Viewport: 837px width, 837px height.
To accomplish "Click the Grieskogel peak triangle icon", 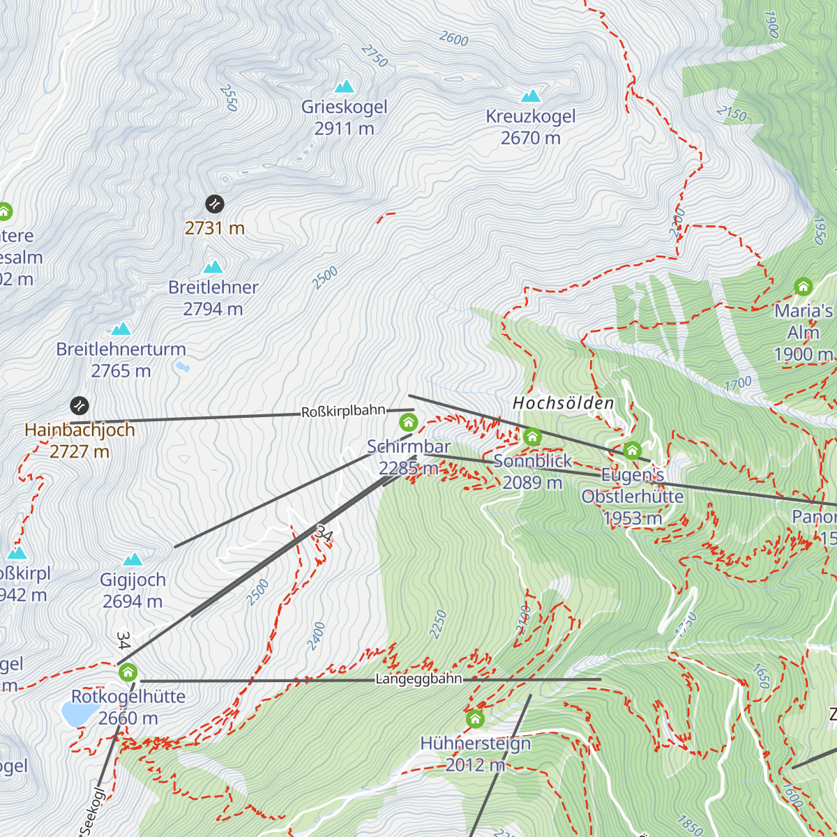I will (345, 86).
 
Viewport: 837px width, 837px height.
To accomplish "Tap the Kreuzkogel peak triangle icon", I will (531, 96).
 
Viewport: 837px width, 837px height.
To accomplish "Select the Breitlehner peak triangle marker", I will (213, 267).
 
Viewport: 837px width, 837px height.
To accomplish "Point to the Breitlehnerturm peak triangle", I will (121, 329).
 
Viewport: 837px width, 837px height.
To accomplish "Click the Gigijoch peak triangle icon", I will (133, 559).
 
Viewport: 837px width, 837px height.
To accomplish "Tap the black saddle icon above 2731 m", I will (215, 204).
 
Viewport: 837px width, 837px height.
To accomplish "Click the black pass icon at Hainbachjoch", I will (80, 405).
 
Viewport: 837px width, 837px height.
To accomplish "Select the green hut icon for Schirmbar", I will (409, 422).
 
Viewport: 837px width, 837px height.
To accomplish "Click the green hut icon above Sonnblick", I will (532, 437).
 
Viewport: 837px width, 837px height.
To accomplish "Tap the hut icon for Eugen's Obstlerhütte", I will (632, 451).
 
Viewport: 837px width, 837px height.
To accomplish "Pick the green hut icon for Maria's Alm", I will (803, 287).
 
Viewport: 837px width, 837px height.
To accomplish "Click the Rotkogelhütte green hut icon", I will (128, 672).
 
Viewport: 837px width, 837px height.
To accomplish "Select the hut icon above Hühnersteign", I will (475, 718).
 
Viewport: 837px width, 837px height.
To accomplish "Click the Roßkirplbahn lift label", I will (343, 412).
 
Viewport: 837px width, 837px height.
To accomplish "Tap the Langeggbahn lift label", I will (418, 679).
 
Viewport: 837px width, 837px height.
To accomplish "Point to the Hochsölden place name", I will (564, 403).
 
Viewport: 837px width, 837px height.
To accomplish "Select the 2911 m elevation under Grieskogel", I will (344, 129).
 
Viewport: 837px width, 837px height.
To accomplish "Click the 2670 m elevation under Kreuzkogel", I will (530, 138).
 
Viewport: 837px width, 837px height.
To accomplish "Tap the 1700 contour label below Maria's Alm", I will (738, 383).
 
